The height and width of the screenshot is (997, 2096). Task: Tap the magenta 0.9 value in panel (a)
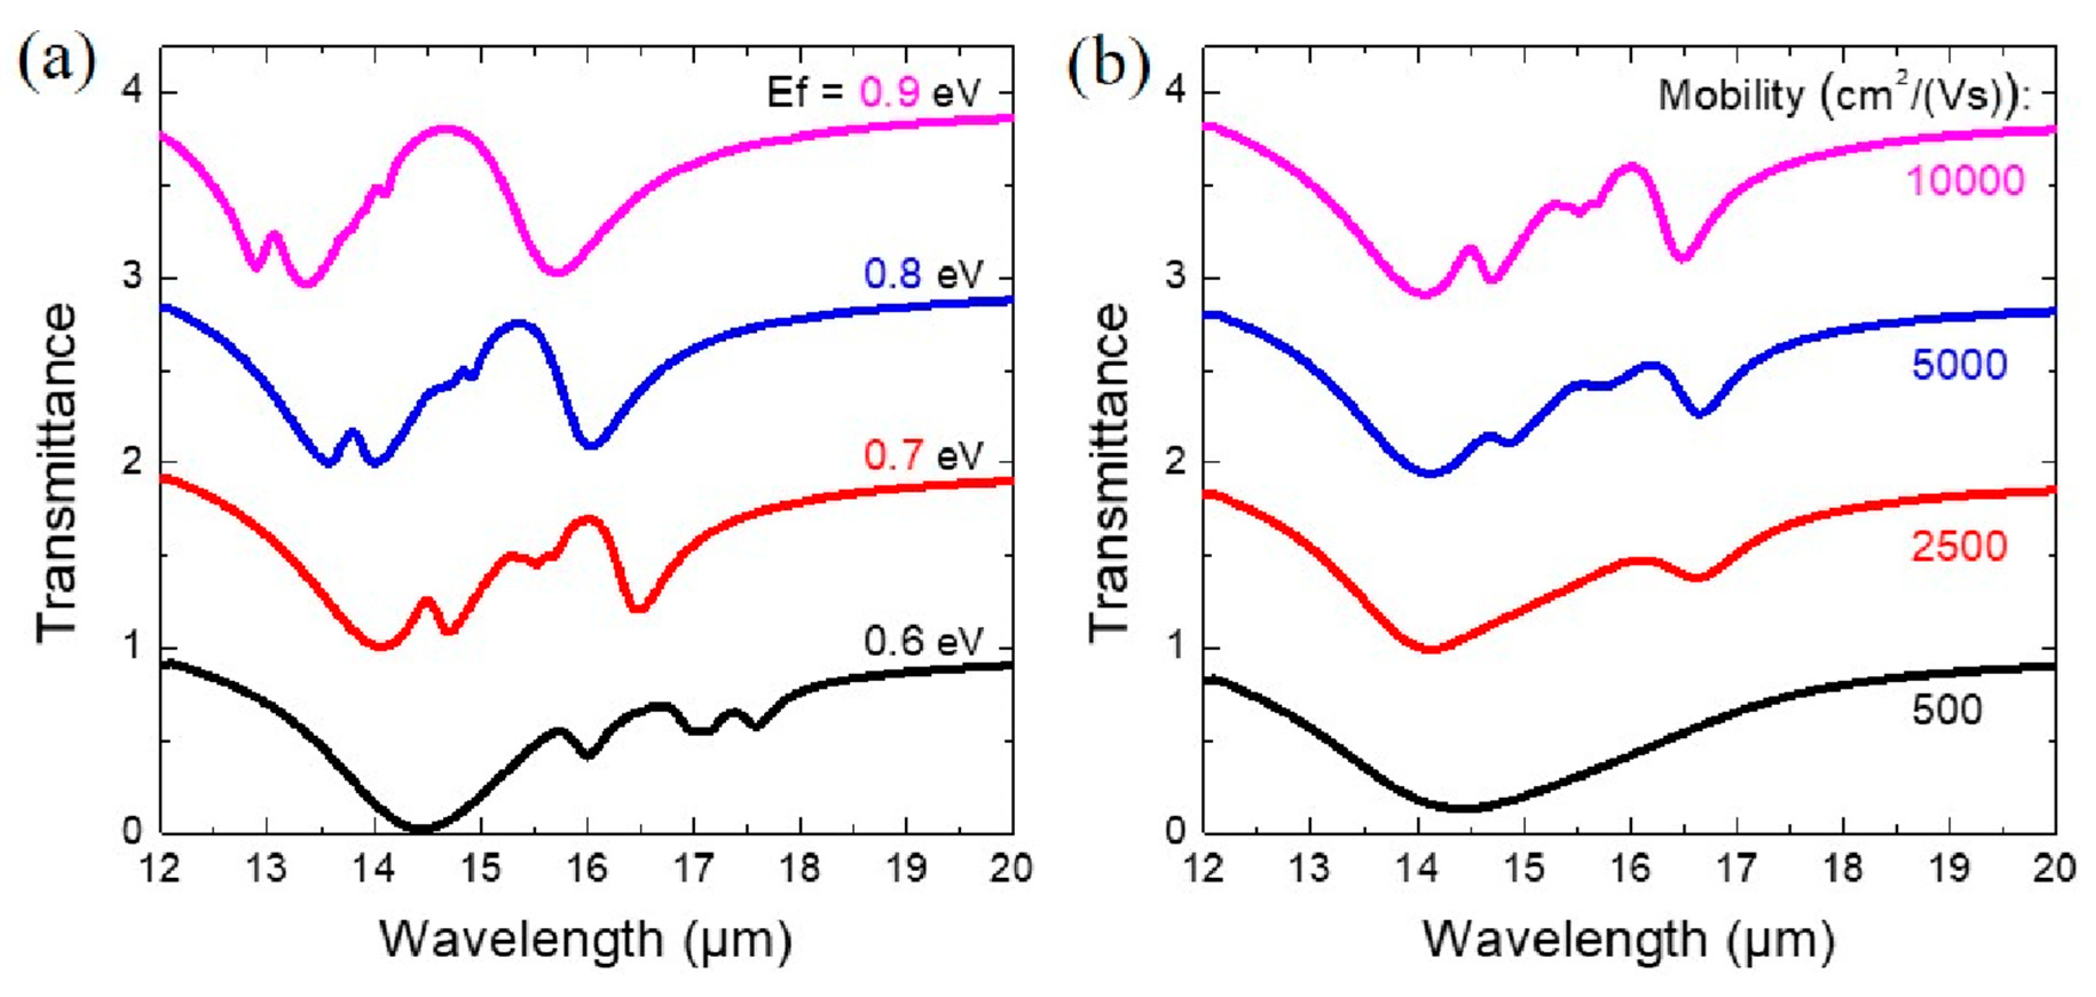(890, 93)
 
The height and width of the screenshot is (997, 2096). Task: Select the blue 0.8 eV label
(923, 274)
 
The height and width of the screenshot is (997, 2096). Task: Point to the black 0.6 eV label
(923, 642)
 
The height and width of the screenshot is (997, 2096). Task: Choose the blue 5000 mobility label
(1959, 365)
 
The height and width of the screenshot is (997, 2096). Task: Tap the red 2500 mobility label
(1959, 547)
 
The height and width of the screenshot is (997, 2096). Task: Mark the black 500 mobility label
(1947, 711)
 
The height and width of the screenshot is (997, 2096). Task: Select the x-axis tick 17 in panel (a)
(694, 869)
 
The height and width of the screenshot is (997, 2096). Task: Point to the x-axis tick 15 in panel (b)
(1523, 869)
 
